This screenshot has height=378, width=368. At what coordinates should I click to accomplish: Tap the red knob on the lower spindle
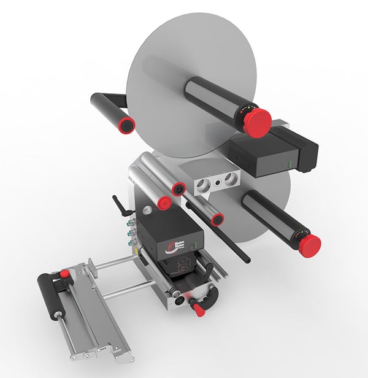309,244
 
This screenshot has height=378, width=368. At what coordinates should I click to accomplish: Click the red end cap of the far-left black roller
127,123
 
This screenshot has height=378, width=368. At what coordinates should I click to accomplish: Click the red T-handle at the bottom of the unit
197,309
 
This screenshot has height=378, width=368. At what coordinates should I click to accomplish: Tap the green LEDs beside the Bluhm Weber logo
196,245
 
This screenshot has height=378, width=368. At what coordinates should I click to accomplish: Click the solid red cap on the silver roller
164,202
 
